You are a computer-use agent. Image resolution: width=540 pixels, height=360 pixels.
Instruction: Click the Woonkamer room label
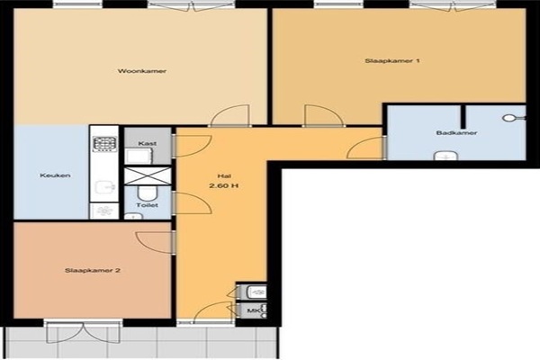pyautogui.click(x=142, y=71)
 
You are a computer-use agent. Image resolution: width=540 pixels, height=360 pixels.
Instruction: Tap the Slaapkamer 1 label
pyautogui.click(x=392, y=61)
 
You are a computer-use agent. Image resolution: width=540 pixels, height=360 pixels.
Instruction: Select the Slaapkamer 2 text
pyautogui.click(x=93, y=270)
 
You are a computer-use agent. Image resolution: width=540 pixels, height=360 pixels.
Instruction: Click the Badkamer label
pyautogui.click(x=456, y=132)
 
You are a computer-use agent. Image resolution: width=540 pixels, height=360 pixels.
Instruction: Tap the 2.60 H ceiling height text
pyautogui.click(x=224, y=185)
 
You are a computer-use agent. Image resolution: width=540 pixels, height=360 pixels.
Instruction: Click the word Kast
pyautogui.click(x=148, y=143)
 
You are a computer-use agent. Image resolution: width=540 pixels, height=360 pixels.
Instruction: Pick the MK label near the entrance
pyautogui.click(x=252, y=311)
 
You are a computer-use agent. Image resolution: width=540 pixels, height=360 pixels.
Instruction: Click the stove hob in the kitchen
pyautogui.click(x=104, y=144)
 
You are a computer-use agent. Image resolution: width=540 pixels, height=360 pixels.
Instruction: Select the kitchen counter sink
pyautogui.click(x=104, y=186)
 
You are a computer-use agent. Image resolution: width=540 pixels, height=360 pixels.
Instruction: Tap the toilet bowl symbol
pyautogui.click(x=148, y=193)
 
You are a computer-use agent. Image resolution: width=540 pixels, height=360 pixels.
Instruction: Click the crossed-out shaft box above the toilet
pyautogui.click(x=148, y=175)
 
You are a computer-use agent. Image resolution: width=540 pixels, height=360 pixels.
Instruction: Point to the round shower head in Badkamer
pyautogui.click(x=509, y=118)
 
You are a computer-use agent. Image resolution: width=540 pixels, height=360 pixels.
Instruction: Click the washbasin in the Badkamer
pyautogui.click(x=446, y=156)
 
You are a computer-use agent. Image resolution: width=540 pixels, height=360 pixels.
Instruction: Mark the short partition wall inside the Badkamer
pyautogui.click(x=463, y=116)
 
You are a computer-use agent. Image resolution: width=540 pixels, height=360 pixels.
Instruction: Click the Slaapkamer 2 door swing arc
pyautogui.click(x=154, y=243)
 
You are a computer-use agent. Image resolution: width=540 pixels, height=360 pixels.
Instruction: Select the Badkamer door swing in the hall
pyautogui.click(x=365, y=148)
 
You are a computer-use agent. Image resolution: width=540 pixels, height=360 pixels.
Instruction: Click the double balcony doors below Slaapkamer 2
pyautogui.click(x=84, y=333)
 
